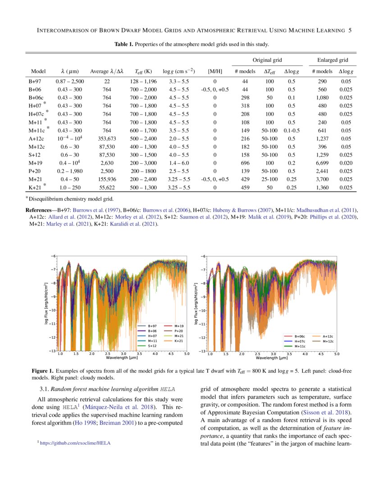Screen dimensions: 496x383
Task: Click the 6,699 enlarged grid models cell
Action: click(x=322, y=162)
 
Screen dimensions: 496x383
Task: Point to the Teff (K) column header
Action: click(x=143, y=71)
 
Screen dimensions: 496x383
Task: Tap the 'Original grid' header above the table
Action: click(x=267, y=60)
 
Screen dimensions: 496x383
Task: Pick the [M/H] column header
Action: click(x=214, y=71)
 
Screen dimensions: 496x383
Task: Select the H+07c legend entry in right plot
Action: click(x=300, y=341)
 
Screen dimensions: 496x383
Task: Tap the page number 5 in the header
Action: click(x=350, y=31)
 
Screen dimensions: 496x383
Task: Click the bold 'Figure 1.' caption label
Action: click(x=42, y=371)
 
